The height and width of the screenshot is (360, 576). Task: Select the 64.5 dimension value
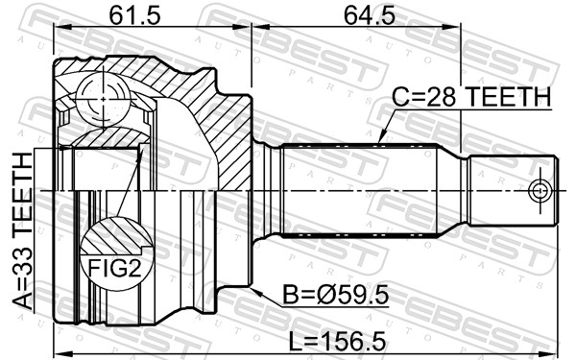tap(356, 15)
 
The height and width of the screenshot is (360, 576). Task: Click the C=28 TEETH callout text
tap(471, 97)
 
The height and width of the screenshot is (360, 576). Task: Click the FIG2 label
tap(114, 269)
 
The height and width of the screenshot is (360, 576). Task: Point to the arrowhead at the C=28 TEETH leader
tap(380, 142)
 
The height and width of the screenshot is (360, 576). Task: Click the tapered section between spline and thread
tap(451, 191)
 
